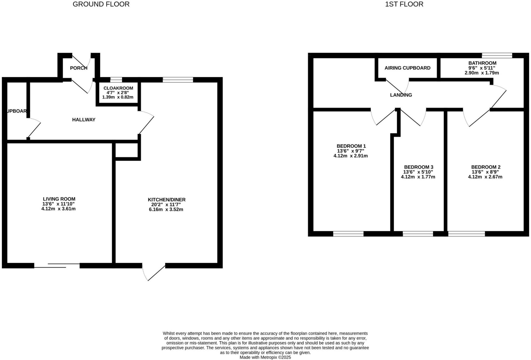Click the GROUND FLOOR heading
[x=101, y=4]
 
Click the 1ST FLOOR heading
[x=404, y=4]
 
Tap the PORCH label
[x=79, y=68]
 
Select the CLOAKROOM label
[x=118, y=88]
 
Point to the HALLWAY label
[x=83, y=119]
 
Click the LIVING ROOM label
[x=59, y=199]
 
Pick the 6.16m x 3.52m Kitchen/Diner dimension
[x=166, y=209]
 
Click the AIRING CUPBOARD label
[x=407, y=68]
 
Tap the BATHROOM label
[x=482, y=63]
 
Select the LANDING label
[x=401, y=95]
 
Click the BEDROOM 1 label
[x=351, y=146]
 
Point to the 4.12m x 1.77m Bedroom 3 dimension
[x=418, y=177]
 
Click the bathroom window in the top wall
[x=497, y=55]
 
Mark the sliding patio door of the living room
[x=57, y=265]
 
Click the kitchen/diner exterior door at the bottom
[x=153, y=272]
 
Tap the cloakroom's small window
[x=116, y=80]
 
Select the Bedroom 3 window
[x=418, y=234]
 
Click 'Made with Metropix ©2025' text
[x=265, y=357]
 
